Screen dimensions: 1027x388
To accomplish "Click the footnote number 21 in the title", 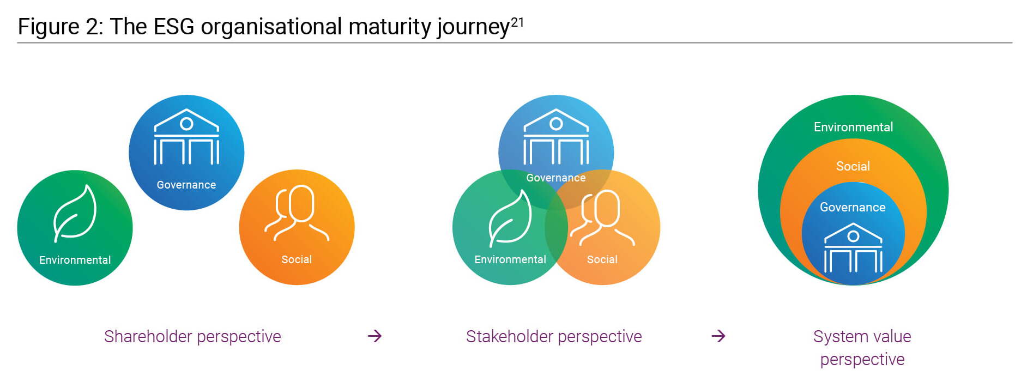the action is tap(517, 22).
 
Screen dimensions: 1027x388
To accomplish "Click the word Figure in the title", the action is tap(49, 27).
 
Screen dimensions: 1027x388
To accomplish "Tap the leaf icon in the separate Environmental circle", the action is tap(75, 213).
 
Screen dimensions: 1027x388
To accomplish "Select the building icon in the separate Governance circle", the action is tap(186, 137).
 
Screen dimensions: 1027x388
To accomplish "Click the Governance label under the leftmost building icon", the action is tap(186, 185).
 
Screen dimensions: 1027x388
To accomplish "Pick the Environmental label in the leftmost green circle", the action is tap(75, 260).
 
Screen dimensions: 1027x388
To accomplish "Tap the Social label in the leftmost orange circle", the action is tap(297, 259).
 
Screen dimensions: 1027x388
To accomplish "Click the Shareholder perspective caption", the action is tap(192, 337).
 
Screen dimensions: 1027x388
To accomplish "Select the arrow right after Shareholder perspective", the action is tap(374, 336).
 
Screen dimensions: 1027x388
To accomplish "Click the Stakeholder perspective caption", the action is tap(554, 337).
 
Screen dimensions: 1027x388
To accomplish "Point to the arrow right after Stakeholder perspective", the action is tap(718, 336).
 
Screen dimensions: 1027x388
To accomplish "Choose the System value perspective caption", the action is tap(862, 348).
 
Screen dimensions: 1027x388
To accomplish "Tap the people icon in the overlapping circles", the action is tap(602, 217).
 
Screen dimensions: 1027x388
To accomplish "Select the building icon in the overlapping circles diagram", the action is tap(556, 137).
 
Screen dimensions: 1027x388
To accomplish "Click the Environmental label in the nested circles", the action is tap(853, 127).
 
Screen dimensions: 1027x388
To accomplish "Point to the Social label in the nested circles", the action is tap(853, 166).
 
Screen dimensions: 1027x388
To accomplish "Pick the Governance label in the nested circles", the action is tap(853, 207).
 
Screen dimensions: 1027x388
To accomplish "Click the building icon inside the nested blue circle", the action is tap(853, 248).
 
